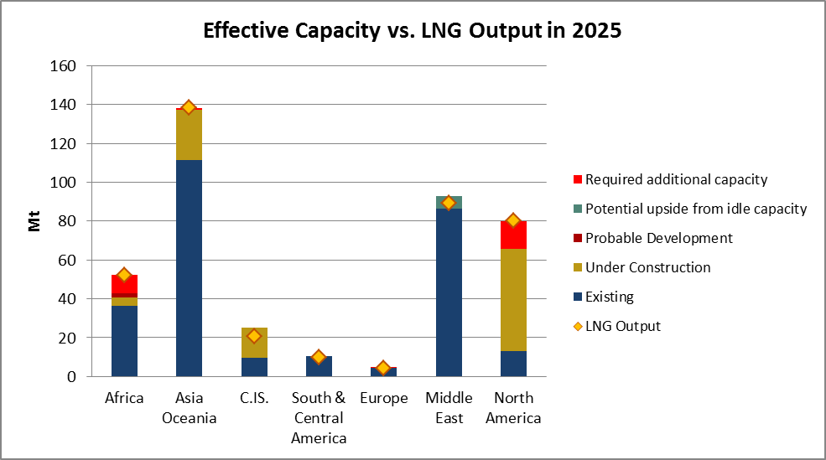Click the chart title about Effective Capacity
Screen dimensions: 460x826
pos(412,32)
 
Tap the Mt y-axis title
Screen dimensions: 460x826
pos(34,221)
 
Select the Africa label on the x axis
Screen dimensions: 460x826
pos(124,398)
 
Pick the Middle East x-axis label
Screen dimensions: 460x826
pos(449,407)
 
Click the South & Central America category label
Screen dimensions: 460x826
pos(319,417)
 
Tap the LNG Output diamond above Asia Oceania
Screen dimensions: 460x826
pos(189,107)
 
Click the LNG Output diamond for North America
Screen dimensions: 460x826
pos(513,220)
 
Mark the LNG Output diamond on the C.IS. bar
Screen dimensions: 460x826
pos(254,336)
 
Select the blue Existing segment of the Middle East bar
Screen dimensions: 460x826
pos(449,292)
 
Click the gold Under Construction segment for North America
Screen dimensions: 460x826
pos(513,300)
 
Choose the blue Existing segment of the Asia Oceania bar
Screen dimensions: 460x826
pos(189,268)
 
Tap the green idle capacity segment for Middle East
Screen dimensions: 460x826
pos(449,202)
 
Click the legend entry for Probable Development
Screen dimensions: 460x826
pos(658,238)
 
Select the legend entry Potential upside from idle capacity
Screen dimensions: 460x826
pos(695,209)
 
